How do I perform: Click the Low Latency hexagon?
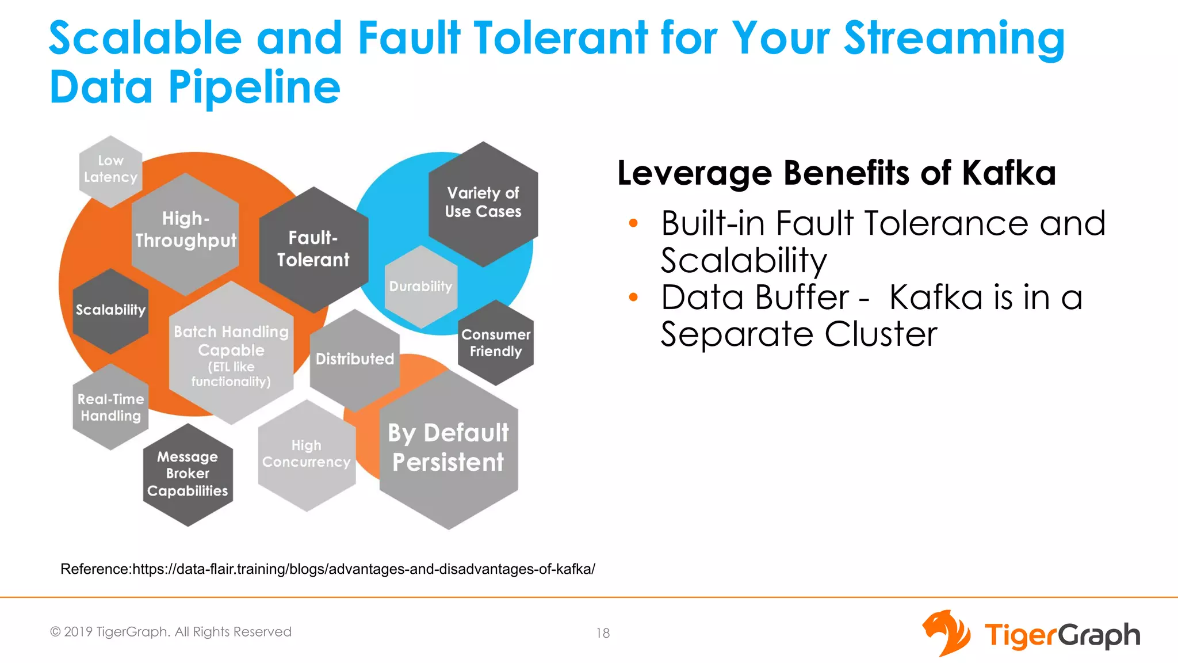tap(110, 170)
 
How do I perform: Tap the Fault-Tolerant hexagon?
tap(313, 249)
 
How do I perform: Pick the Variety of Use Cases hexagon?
tap(483, 203)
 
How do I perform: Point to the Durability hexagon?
tap(421, 286)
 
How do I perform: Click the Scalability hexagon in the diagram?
tap(110, 311)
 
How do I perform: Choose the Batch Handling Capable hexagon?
tap(231, 354)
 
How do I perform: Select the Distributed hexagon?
tap(355, 359)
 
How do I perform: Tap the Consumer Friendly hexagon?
tap(496, 343)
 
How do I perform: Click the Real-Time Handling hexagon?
tap(110, 407)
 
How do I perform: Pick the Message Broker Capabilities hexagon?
tap(188, 474)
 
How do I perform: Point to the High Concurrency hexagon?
tap(307, 455)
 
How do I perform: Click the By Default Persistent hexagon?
tap(449, 448)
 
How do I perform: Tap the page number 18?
tap(603, 633)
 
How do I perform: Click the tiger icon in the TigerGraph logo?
tap(946, 633)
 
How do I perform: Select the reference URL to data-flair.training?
tap(364, 569)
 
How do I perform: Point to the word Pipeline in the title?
tap(254, 87)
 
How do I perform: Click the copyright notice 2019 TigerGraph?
tap(171, 632)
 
